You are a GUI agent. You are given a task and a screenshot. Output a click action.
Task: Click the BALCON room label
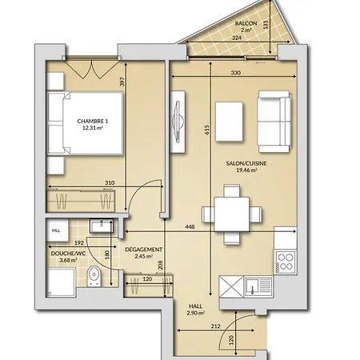246,23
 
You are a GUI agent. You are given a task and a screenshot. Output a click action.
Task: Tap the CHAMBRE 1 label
93,121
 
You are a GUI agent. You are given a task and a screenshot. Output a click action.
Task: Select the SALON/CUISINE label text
246,163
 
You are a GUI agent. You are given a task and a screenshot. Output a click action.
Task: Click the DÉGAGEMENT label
143,250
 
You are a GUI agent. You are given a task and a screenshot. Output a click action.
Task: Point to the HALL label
195,306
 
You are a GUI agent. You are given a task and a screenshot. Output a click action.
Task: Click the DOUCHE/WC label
68,254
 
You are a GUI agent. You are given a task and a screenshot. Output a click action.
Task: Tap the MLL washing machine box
58,230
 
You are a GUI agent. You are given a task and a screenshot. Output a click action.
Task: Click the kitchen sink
258,286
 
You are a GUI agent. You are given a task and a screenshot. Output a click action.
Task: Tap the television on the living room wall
178,122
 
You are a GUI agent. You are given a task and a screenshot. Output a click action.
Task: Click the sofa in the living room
274,122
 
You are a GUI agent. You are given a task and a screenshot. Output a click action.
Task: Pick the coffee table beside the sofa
229,122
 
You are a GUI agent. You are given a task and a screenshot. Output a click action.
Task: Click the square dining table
232,214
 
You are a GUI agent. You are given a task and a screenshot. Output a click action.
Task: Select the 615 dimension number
207,130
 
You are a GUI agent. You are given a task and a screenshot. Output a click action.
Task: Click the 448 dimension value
190,226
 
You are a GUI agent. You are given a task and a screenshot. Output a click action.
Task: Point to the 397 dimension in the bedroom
122,82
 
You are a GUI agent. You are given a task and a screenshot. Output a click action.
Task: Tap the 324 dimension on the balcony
237,38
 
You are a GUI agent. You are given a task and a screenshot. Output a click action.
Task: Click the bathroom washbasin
102,226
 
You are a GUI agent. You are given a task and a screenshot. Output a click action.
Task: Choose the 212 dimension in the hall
215,326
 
